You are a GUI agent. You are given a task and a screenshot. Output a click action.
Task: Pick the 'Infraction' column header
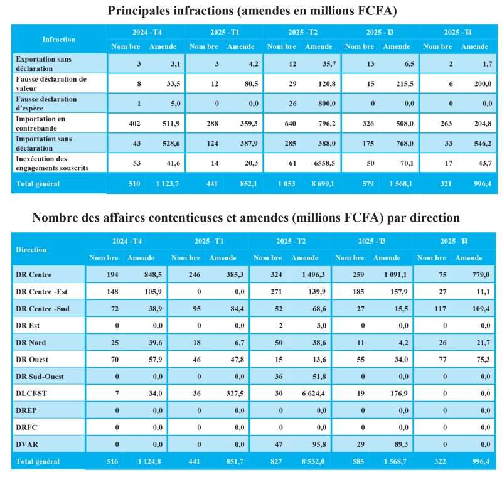59,39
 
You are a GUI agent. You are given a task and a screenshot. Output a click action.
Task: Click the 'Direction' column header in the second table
31,249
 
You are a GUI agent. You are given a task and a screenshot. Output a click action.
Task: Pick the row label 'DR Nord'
32,342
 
